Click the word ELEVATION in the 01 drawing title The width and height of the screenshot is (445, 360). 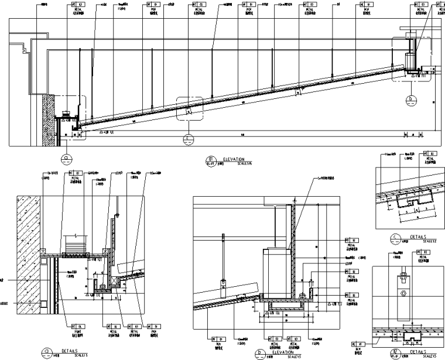pyautogui.click(x=235, y=159)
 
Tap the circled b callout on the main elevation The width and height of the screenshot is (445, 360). pyautogui.click(x=411, y=100)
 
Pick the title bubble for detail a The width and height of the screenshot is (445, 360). pyautogui.click(x=45, y=352)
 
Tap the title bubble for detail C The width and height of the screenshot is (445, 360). pyautogui.click(x=398, y=239)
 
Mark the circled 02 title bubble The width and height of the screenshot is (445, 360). pyautogui.click(x=398, y=353)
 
